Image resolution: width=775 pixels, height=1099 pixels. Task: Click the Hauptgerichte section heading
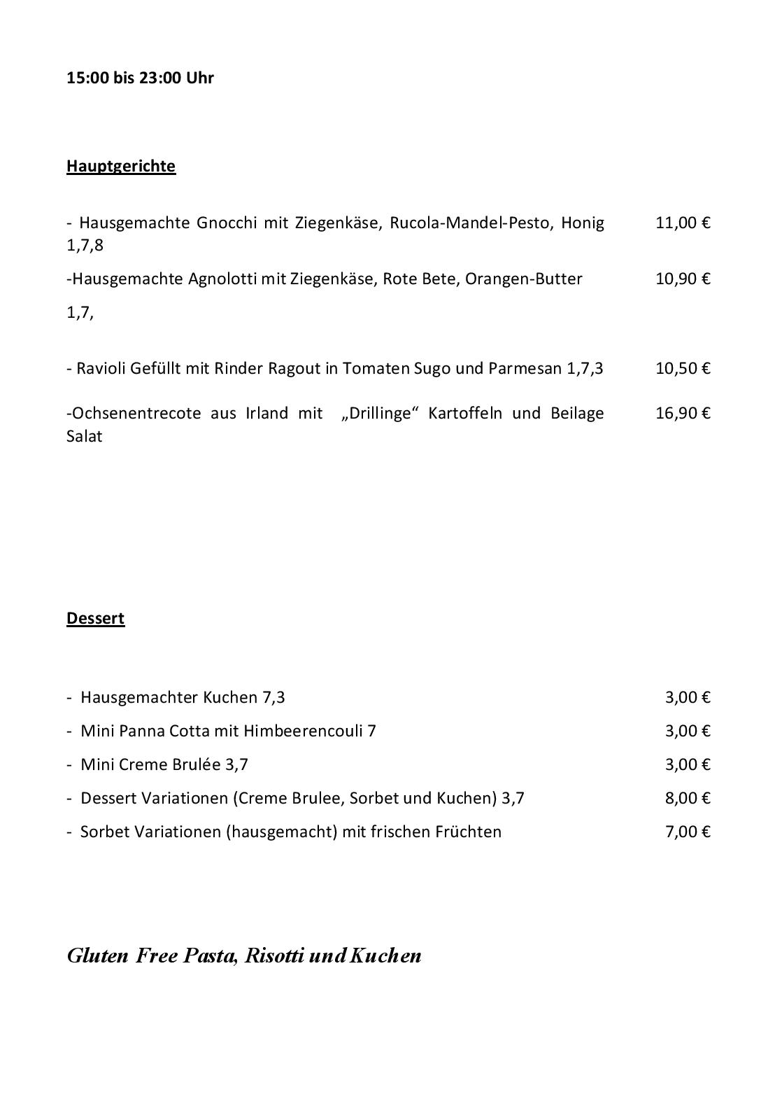(x=121, y=166)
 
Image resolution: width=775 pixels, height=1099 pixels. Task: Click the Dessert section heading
(x=95, y=618)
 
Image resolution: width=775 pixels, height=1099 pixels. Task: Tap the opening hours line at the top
(x=140, y=78)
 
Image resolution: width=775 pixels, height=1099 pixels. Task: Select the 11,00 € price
(x=682, y=223)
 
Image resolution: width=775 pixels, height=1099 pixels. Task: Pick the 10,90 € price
(x=682, y=279)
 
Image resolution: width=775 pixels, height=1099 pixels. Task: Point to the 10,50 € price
(x=682, y=368)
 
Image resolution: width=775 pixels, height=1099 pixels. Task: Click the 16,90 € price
(x=682, y=413)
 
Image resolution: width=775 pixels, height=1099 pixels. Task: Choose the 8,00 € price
(x=687, y=798)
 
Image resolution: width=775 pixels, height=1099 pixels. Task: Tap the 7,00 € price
(x=687, y=832)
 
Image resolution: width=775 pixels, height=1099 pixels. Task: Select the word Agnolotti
(x=222, y=279)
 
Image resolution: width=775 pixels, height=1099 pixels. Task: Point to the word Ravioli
(x=100, y=368)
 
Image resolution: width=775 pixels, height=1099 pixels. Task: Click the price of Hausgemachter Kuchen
(x=687, y=697)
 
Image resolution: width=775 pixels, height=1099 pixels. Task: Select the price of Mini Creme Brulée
(x=687, y=764)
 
